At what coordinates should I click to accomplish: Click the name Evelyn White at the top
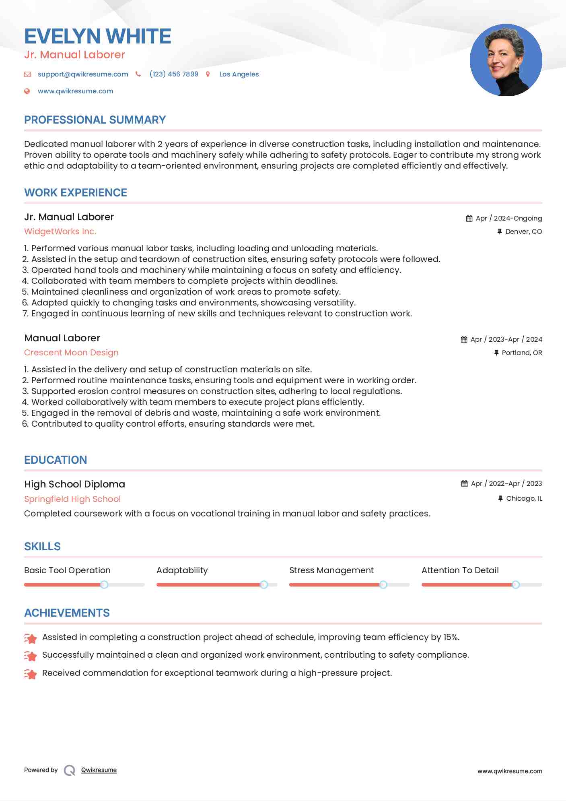98,36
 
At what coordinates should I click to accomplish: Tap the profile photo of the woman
506,60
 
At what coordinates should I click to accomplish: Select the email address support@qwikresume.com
83,74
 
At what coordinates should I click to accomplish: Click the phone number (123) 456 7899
174,74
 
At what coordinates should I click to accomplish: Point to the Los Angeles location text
239,74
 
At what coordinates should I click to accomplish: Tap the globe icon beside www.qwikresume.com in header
27,91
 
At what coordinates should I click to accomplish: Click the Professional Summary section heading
95,120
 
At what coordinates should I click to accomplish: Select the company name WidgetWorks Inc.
60,231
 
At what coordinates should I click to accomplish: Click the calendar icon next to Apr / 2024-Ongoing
469,218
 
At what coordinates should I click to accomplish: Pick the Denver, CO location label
523,231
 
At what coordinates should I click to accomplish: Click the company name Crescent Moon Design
71,353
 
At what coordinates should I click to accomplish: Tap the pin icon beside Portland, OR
496,353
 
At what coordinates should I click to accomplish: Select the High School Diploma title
74,484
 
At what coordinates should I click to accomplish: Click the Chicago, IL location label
524,498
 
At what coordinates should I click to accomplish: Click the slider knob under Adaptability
264,584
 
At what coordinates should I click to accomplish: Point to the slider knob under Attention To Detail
516,584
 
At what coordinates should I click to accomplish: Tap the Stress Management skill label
331,570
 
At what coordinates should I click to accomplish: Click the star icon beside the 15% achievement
31,638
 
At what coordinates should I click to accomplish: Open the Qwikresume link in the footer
99,770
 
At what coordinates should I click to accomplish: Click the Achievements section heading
67,613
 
